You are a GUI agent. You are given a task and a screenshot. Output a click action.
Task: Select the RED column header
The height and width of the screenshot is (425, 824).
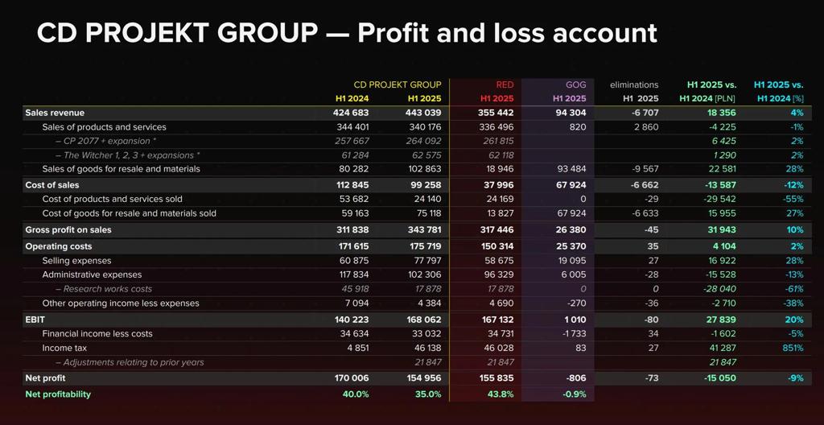coord(505,85)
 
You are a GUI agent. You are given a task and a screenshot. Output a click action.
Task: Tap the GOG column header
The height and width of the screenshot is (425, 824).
coord(575,85)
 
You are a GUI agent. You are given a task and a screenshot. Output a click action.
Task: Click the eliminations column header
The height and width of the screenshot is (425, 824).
coord(634,85)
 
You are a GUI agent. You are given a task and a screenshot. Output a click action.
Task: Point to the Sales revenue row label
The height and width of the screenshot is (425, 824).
coord(55,113)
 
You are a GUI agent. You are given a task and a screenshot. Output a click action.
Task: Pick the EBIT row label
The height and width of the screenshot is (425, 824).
coord(35,319)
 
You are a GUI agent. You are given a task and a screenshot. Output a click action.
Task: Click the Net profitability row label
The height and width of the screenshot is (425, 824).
coord(58,394)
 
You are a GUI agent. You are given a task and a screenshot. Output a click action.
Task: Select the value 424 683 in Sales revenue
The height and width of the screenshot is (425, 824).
coord(351,113)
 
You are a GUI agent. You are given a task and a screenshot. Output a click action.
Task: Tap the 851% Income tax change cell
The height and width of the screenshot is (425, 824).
coord(792,348)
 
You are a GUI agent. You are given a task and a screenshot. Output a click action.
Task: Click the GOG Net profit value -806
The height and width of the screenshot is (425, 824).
coord(575,378)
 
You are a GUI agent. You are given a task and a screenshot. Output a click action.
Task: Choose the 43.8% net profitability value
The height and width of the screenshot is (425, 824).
coord(501,394)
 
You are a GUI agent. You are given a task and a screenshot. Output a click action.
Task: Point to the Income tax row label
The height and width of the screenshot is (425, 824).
coord(64,348)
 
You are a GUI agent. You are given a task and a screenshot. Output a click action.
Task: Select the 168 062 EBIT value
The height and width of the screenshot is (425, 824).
coord(423,319)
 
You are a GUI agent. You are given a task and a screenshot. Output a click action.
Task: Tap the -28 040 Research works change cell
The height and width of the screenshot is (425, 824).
coord(719,289)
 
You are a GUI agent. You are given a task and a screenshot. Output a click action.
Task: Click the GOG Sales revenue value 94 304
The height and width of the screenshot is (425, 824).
coord(571,113)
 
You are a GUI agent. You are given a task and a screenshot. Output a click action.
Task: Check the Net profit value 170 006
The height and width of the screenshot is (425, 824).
coord(351,378)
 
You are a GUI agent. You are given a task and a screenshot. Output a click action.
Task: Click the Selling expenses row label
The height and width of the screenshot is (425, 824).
coord(76,261)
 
